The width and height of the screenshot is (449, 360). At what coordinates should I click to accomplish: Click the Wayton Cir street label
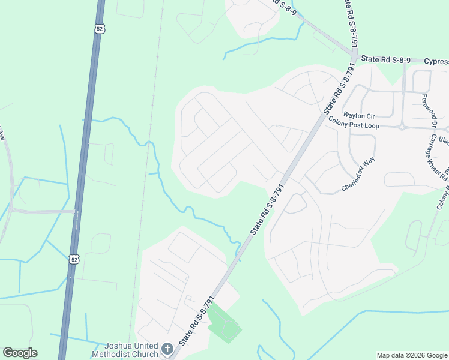click(358, 115)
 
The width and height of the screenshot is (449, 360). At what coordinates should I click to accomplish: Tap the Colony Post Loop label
click(354, 123)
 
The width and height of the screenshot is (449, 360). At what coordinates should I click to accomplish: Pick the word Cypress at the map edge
click(436, 61)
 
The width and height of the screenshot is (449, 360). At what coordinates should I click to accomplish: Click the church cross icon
click(167, 348)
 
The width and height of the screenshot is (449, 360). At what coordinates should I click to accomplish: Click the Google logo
click(20, 353)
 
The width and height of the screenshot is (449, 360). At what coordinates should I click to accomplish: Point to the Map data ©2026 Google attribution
click(411, 355)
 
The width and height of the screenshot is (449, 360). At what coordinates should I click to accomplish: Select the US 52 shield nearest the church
click(73, 259)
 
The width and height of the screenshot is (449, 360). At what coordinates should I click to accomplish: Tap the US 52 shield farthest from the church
click(99, 28)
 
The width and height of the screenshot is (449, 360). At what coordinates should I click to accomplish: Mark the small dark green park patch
click(224, 324)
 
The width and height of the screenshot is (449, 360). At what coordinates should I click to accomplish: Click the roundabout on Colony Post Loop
click(401, 127)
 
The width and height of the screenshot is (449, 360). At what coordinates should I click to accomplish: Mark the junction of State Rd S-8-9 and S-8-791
click(354, 58)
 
